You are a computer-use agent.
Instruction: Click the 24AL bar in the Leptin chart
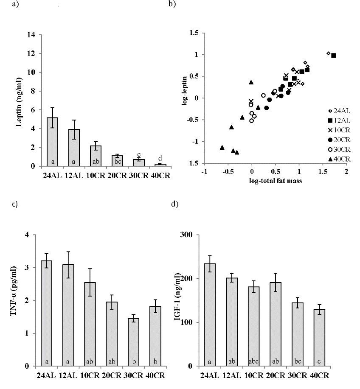coord(53,142)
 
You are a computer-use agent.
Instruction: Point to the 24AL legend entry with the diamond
coord(339,111)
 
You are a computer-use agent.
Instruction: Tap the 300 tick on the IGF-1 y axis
coord(187,235)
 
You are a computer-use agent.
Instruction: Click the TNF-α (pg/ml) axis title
coord(19,300)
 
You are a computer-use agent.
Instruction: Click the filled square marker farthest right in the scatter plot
coord(333,55)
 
